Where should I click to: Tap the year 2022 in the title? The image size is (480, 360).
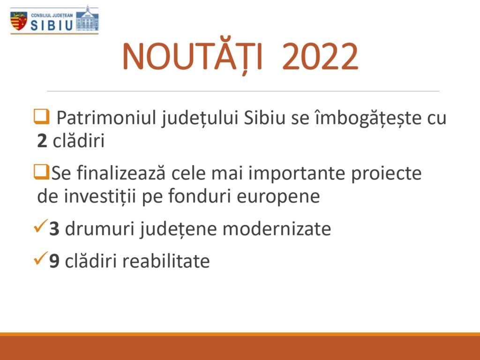[x=320, y=56]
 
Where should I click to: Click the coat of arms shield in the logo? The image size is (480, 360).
[x=19, y=21]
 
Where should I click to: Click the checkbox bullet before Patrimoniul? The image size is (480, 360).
[x=41, y=117]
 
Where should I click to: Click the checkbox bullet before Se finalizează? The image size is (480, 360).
[x=41, y=172]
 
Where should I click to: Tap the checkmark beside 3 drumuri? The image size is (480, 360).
[x=41, y=226]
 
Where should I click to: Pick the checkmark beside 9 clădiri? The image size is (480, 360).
[x=41, y=258]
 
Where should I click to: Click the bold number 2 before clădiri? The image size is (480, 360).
[x=42, y=141]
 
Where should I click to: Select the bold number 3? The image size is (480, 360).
[x=54, y=229]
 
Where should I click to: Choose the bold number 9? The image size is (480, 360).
[x=54, y=261]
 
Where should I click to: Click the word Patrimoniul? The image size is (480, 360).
[x=106, y=118]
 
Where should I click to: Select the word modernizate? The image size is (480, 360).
[x=277, y=229]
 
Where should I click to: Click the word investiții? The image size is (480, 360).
[x=100, y=196]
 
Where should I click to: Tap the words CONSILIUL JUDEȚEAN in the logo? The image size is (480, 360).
[x=52, y=15]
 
